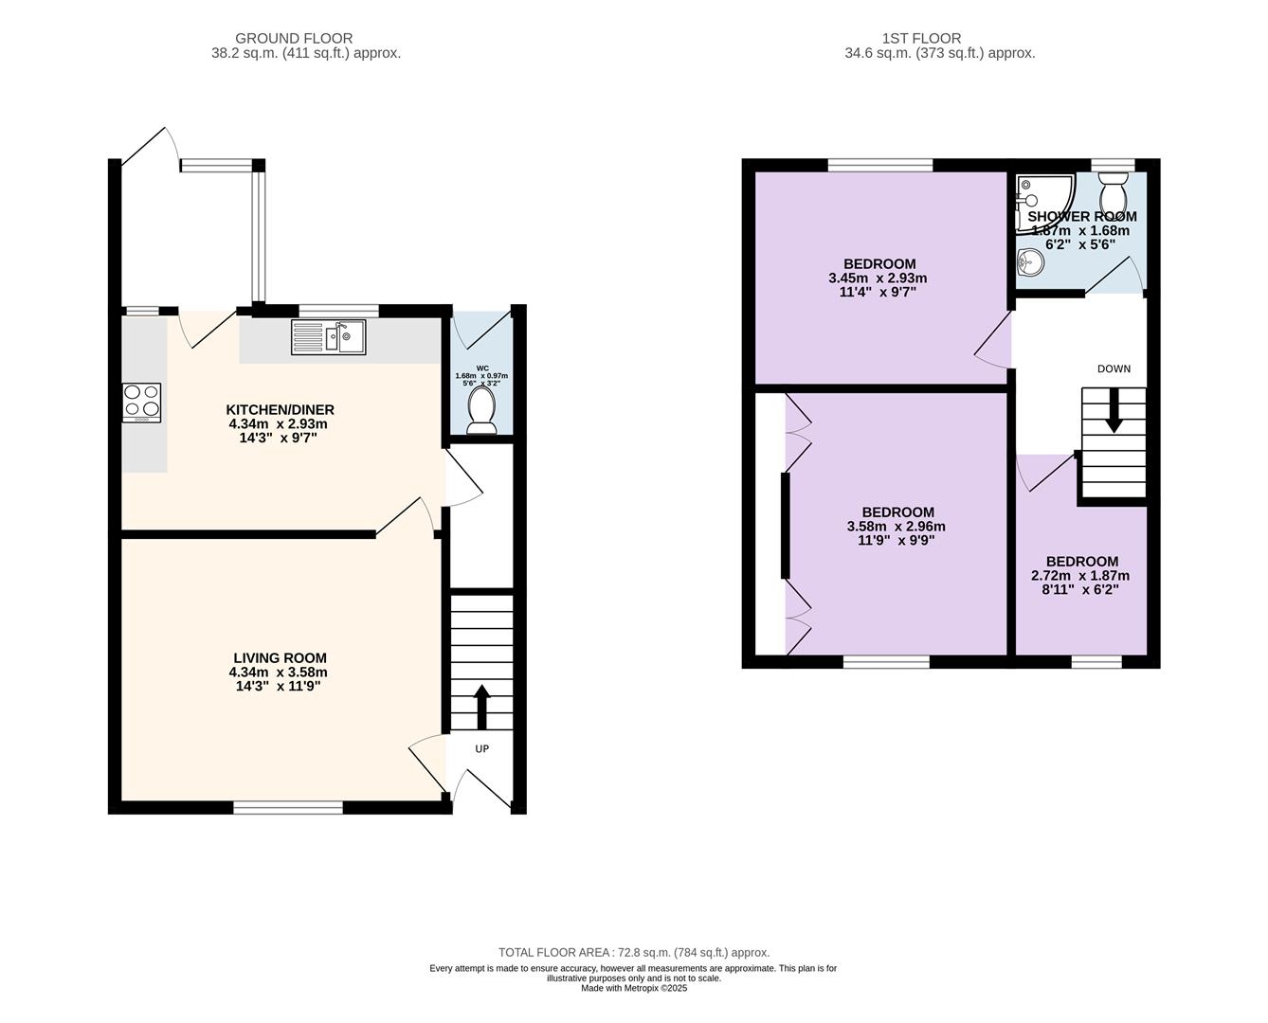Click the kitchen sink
[328, 337]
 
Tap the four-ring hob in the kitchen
[142, 403]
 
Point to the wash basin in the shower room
[1030, 261]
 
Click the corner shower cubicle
[1044, 203]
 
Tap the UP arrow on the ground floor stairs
[481, 707]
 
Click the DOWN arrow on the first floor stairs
[1114, 411]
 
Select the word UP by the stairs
[481, 748]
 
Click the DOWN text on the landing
[1114, 368]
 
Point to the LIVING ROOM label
[280, 657]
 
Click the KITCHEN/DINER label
[280, 409]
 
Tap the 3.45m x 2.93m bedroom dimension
[878, 278]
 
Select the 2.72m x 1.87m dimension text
[1079, 576]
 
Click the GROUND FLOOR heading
[294, 38]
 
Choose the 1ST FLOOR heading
[921, 38]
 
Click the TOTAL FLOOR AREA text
[634, 952]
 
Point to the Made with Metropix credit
[634, 988]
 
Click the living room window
[288, 807]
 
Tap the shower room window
[1113, 165]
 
